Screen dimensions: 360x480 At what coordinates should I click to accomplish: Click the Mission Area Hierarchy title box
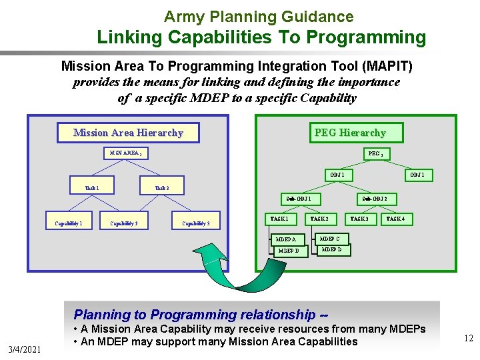coord(128,133)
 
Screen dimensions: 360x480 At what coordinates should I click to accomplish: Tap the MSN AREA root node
coord(126,153)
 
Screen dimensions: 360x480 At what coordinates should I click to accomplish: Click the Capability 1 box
coord(69,223)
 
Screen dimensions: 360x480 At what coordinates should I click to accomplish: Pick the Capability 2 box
coord(124,223)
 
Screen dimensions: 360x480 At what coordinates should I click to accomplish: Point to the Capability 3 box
coord(196,223)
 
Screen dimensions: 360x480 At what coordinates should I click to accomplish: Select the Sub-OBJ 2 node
coord(379,199)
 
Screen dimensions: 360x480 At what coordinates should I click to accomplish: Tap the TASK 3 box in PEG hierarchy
coord(359,219)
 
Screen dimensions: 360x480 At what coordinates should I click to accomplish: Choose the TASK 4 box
coord(396,219)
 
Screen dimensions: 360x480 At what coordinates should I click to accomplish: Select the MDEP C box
coord(330,238)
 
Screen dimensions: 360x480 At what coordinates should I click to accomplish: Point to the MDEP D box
coord(331,250)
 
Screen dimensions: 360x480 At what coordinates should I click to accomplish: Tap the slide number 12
coord(469,339)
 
